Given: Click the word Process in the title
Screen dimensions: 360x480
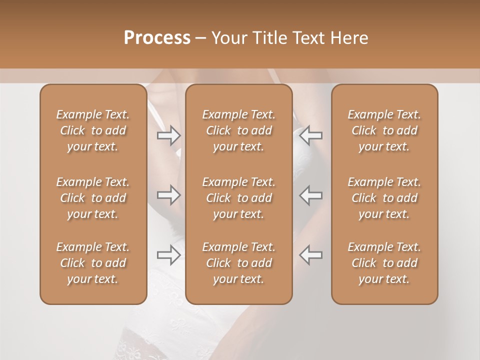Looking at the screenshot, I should click(x=157, y=37).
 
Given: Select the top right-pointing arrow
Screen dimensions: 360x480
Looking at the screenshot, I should click(x=168, y=135).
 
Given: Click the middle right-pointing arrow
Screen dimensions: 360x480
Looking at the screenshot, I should click(x=168, y=195).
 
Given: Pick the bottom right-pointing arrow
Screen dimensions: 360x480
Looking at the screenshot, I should click(x=168, y=255).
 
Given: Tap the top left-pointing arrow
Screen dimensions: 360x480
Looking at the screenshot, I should click(x=311, y=135).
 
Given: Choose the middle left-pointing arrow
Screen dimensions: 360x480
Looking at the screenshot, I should click(x=311, y=195).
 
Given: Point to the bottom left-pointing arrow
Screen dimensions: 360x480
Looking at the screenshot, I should click(x=311, y=255).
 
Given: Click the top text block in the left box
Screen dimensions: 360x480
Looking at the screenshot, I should click(x=93, y=130).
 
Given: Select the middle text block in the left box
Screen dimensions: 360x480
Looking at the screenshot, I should click(x=93, y=198).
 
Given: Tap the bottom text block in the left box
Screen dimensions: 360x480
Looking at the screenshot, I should click(x=93, y=263).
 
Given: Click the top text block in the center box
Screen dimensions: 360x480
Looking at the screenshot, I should click(x=238, y=130).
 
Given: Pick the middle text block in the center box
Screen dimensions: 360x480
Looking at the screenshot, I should click(x=238, y=198).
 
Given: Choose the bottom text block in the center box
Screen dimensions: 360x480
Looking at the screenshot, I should click(x=238, y=263).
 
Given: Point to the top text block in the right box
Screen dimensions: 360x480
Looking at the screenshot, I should click(x=384, y=130).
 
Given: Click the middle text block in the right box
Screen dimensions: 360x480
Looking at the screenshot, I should click(x=384, y=198).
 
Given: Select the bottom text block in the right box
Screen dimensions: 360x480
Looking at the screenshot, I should click(x=384, y=263).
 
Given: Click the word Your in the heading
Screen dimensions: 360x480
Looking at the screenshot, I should click(x=229, y=37).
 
